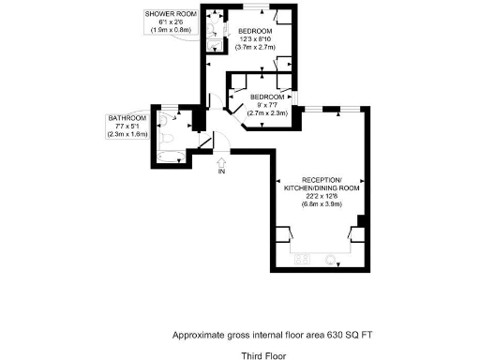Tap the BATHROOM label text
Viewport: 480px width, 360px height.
pos(127,118)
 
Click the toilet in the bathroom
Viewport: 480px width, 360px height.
pos(164,120)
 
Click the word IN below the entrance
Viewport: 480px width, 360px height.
pos(221,172)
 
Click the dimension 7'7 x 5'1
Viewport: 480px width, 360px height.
pos(127,127)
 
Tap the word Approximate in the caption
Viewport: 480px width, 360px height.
pos(198,335)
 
